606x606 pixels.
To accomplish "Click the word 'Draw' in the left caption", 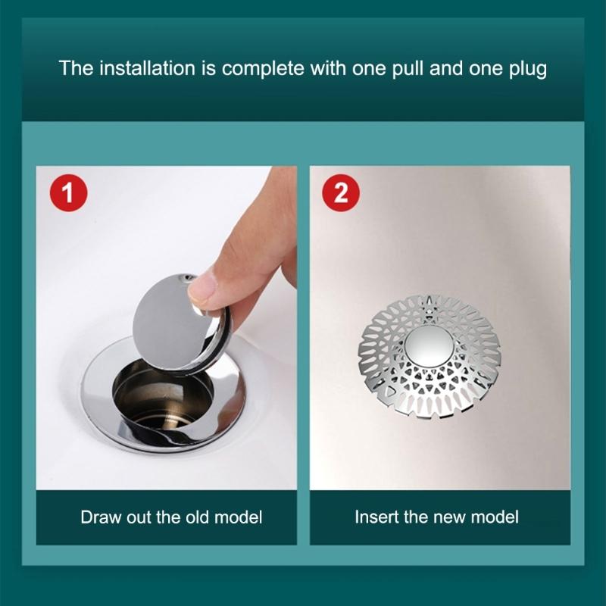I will [99, 518].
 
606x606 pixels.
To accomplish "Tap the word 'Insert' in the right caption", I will [375, 518].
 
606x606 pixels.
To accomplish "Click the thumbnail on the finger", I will [203, 290].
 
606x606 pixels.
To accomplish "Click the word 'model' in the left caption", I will [239, 518].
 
